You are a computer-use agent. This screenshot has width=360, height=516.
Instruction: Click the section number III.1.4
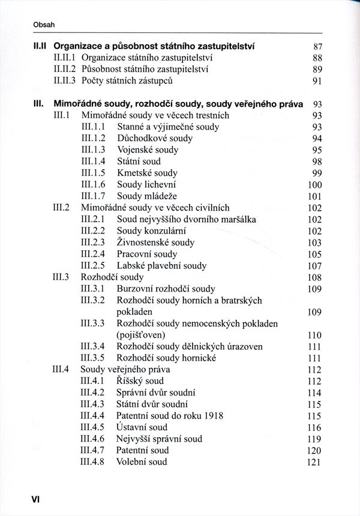93,161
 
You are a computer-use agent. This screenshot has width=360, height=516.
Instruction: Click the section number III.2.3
93,242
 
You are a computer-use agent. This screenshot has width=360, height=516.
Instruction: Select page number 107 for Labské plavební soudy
315,266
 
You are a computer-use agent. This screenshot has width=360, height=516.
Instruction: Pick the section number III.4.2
93,392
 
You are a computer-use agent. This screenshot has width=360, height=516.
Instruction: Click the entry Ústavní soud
142,427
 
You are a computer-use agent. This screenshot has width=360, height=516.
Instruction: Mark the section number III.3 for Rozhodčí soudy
62,277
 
